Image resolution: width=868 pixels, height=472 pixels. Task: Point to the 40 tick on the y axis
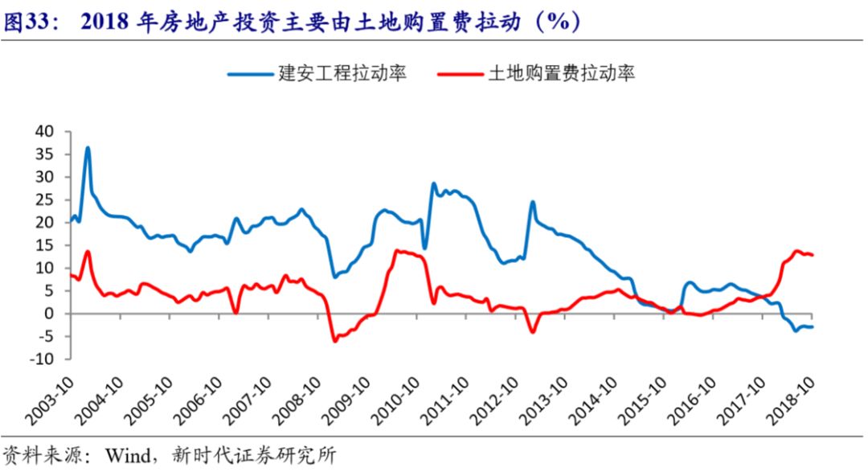(x=43, y=131)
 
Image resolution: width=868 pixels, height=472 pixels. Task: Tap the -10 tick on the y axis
(x=40, y=359)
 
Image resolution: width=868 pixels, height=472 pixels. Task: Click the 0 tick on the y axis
(x=47, y=314)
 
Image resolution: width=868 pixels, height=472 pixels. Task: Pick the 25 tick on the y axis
(x=43, y=199)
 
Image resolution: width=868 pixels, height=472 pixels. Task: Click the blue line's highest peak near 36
(x=88, y=148)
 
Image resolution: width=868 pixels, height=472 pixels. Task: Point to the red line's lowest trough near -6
(x=335, y=341)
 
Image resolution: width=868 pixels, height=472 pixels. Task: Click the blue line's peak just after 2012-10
(x=532, y=201)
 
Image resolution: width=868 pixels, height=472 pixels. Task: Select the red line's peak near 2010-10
(x=397, y=251)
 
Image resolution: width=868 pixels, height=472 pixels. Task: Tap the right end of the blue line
(x=813, y=326)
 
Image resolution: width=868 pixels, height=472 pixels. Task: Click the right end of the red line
(x=813, y=255)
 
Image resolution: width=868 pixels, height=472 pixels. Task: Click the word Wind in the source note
(x=125, y=455)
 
